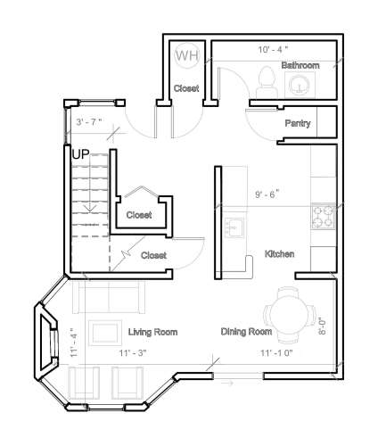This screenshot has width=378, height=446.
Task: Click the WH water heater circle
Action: [x=186, y=55]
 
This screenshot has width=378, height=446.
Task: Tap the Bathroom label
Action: [x=300, y=66]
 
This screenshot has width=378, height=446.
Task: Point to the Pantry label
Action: [x=297, y=123]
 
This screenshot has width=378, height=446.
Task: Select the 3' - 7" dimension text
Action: [x=89, y=121]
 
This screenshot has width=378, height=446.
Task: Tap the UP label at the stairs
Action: [x=80, y=153]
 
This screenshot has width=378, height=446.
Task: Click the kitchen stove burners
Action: [x=322, y=215]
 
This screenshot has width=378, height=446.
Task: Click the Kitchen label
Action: [x=280, y=254]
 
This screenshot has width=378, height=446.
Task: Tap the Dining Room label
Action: [x=246, y=333]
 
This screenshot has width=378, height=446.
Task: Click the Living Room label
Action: [x=152, y=333]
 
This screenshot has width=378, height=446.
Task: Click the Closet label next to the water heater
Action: [x=185, y=88]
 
